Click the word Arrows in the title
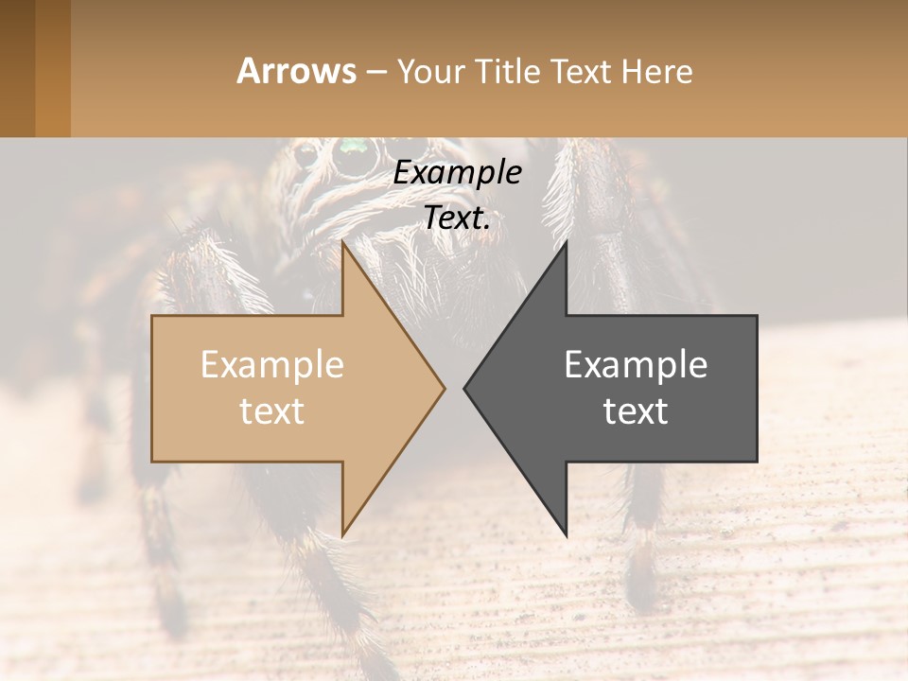[x=297, y=71]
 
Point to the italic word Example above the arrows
[x=458, y=172]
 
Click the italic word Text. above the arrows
[x=458, y=218]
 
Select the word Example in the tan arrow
[x=272, y=364]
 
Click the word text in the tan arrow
[x=272, y=410]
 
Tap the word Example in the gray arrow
[x=636, y=364]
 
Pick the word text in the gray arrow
[x=636, y=410]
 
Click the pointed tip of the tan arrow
[x=444, y=388]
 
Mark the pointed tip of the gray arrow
[x=465, y=388]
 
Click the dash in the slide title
[x=375, y=72]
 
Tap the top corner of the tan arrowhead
[x=342, y=242]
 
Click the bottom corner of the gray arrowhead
[x=566, y=535]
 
